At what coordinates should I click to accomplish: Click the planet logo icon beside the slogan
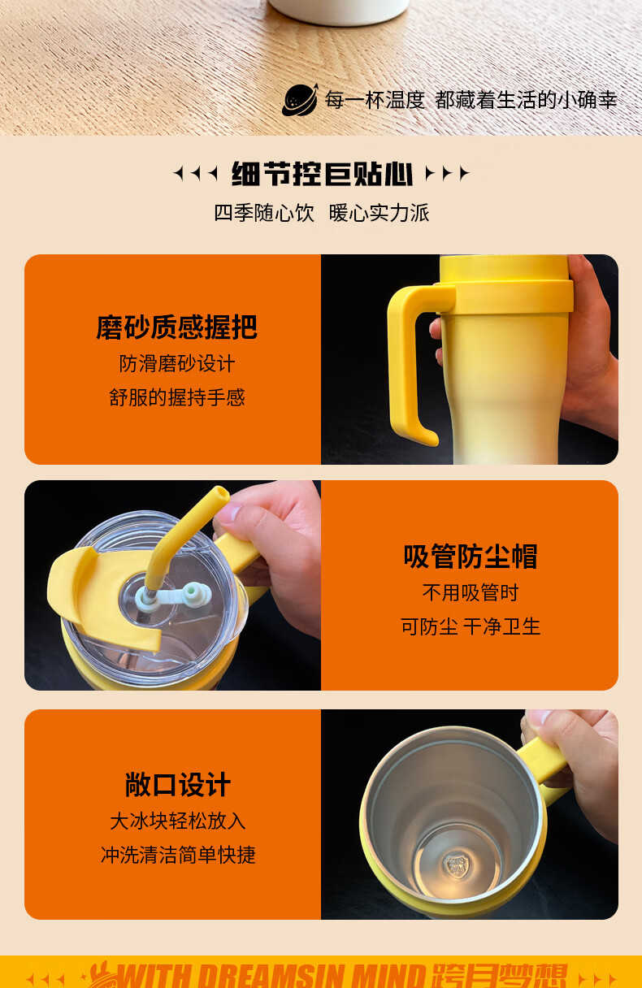point(300,100)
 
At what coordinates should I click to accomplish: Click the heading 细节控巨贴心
point(322,174)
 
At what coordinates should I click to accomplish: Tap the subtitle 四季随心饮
point(264,213)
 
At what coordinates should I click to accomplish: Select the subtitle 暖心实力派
point(379,213)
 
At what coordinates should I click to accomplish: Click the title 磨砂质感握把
point(176,327)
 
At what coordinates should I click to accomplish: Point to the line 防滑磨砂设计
point(176,364)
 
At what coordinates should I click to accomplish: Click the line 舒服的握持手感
point(176,397)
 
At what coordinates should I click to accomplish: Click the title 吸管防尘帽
point(471,557)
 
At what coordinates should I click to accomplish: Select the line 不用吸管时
point(471,592)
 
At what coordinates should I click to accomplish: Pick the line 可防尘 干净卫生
point(471,626)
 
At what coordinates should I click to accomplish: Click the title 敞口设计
point(177,785)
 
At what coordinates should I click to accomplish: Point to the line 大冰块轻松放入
point(177,821)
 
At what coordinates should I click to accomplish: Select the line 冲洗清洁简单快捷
point(177,855)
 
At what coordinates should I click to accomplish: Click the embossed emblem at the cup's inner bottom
point(456,865)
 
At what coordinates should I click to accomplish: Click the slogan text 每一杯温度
point(375,100)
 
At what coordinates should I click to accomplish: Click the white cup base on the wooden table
point(339,11)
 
